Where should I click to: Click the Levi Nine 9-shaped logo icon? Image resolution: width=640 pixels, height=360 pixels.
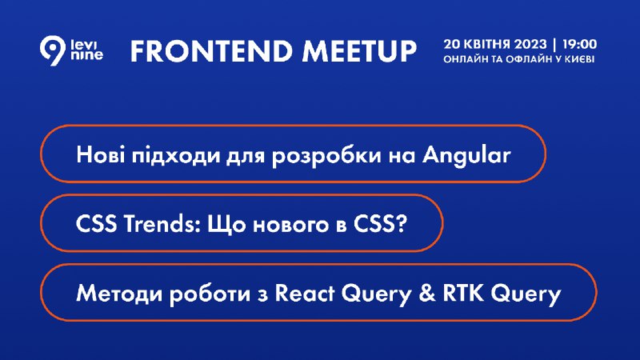(53, 50)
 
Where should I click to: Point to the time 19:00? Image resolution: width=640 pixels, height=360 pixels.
(579, 44)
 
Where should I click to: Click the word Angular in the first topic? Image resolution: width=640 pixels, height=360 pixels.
(466, 156)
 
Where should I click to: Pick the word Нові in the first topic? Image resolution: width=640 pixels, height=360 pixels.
(101, 155)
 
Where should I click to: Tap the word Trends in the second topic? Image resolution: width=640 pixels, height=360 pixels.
(162, 224)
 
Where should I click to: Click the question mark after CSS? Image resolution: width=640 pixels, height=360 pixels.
(402, 224)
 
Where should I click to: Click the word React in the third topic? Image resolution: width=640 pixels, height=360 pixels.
(305, 294)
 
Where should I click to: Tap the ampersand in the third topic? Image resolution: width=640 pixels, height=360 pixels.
(427, 294)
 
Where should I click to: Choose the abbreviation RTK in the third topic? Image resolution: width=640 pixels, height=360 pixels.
(463, 294)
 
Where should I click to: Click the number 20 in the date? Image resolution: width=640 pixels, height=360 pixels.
(452, 44)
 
